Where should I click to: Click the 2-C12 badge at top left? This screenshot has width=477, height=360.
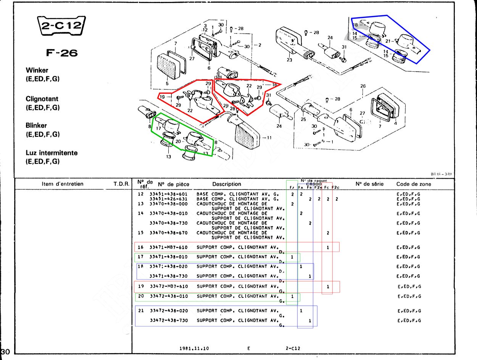point(61,26)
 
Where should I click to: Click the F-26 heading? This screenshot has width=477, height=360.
point(61,53)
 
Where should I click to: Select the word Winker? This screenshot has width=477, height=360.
point(37,70)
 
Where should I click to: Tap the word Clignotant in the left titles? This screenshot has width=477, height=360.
point(42,99)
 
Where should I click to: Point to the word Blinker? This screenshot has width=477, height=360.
point(36,125)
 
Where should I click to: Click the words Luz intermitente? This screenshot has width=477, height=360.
point(52,153)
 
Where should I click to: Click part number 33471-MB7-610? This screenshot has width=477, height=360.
point(168,247)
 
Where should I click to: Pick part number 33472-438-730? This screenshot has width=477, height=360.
point(168,321)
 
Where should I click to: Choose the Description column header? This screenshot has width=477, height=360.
point(227,184)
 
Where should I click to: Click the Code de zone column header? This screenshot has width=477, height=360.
point(414,184)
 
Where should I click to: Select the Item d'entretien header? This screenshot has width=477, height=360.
point(63,184)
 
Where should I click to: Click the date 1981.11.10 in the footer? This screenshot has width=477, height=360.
point(194,349)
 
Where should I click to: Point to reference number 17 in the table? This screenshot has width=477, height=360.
point(140,257)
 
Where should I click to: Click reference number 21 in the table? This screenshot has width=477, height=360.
point(140,311)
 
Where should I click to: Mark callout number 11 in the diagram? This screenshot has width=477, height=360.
point(269,138)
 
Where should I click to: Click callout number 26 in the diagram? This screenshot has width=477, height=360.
point(363,86)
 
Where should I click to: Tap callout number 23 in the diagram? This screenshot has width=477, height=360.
point(289,60)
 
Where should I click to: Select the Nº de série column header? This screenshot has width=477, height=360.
point(369,184)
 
